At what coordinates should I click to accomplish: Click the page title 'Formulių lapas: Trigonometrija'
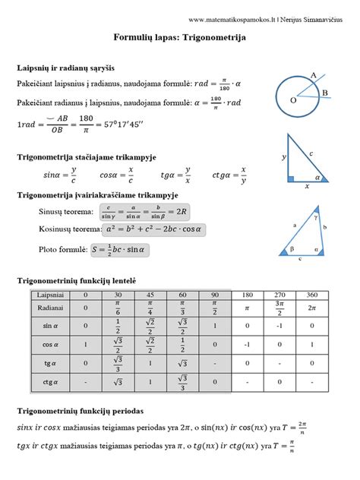click(x=179, y=36)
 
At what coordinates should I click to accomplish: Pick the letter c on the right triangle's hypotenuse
click(x=312, y=152)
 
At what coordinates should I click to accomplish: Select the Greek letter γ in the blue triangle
click(x=317, y=216)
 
